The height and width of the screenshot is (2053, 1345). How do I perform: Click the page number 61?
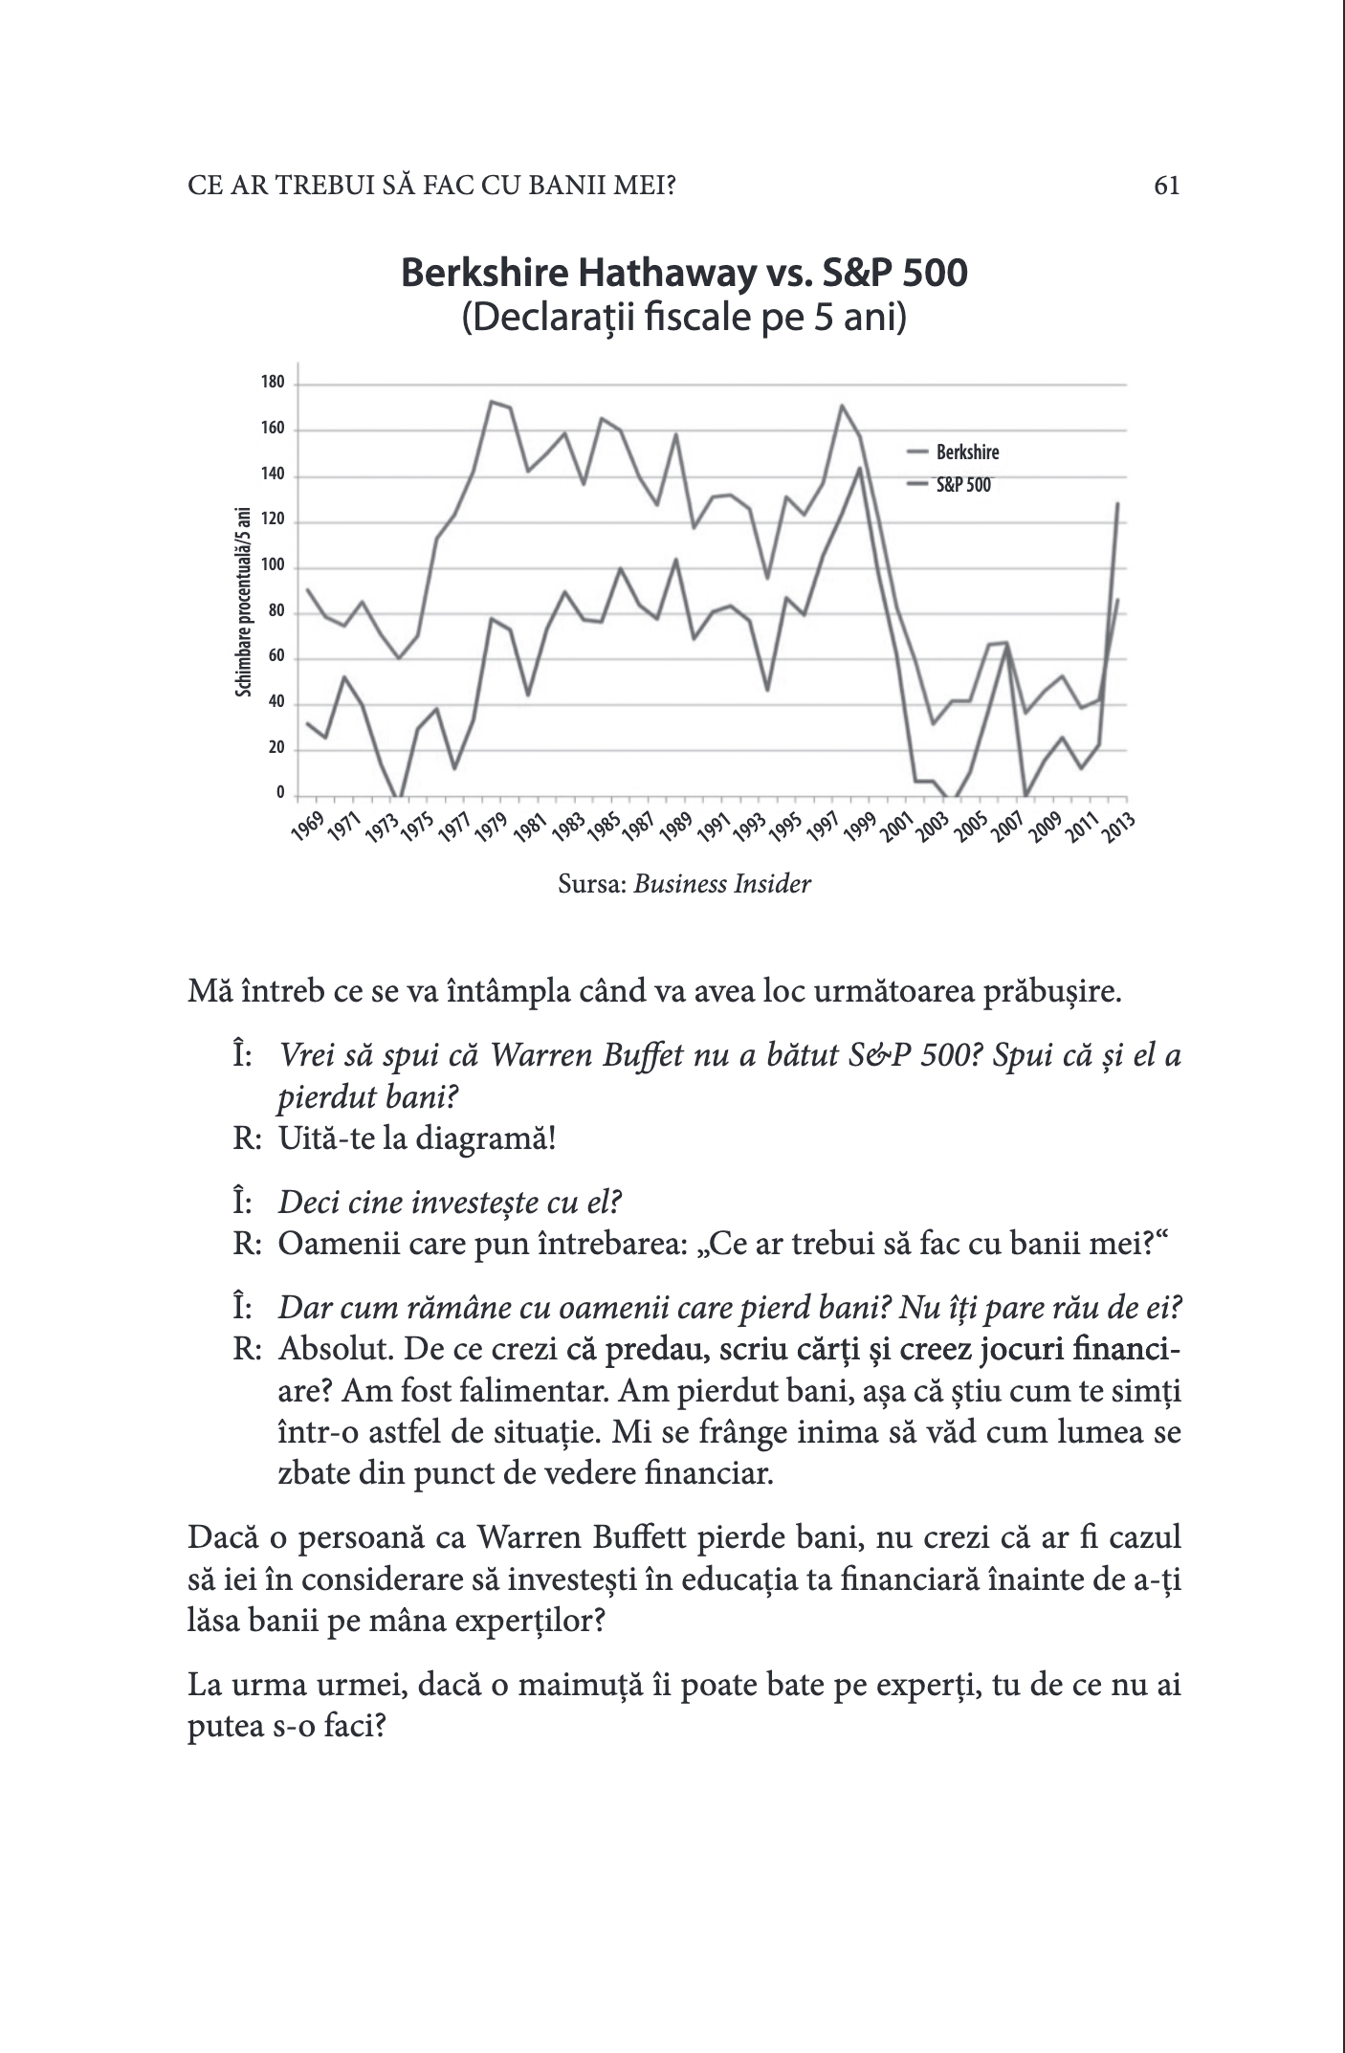pos(1166,186)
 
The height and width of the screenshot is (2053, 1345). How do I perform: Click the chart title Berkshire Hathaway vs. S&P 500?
pos(684,274)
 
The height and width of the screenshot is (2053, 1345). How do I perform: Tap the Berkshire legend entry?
pos(967,453)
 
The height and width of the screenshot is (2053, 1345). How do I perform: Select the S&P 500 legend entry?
pos(963,485)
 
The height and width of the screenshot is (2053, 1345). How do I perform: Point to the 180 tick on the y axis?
pos(273,384)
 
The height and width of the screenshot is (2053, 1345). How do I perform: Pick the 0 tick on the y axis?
pos(280,793)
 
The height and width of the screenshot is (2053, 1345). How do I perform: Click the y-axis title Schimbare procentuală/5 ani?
pos(243,602)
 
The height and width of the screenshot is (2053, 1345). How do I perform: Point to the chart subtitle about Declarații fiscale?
pos(684,318)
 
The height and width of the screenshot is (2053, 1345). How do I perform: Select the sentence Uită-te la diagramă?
pos(417,1139)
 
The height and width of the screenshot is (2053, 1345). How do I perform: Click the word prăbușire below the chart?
pos(1047,992)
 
